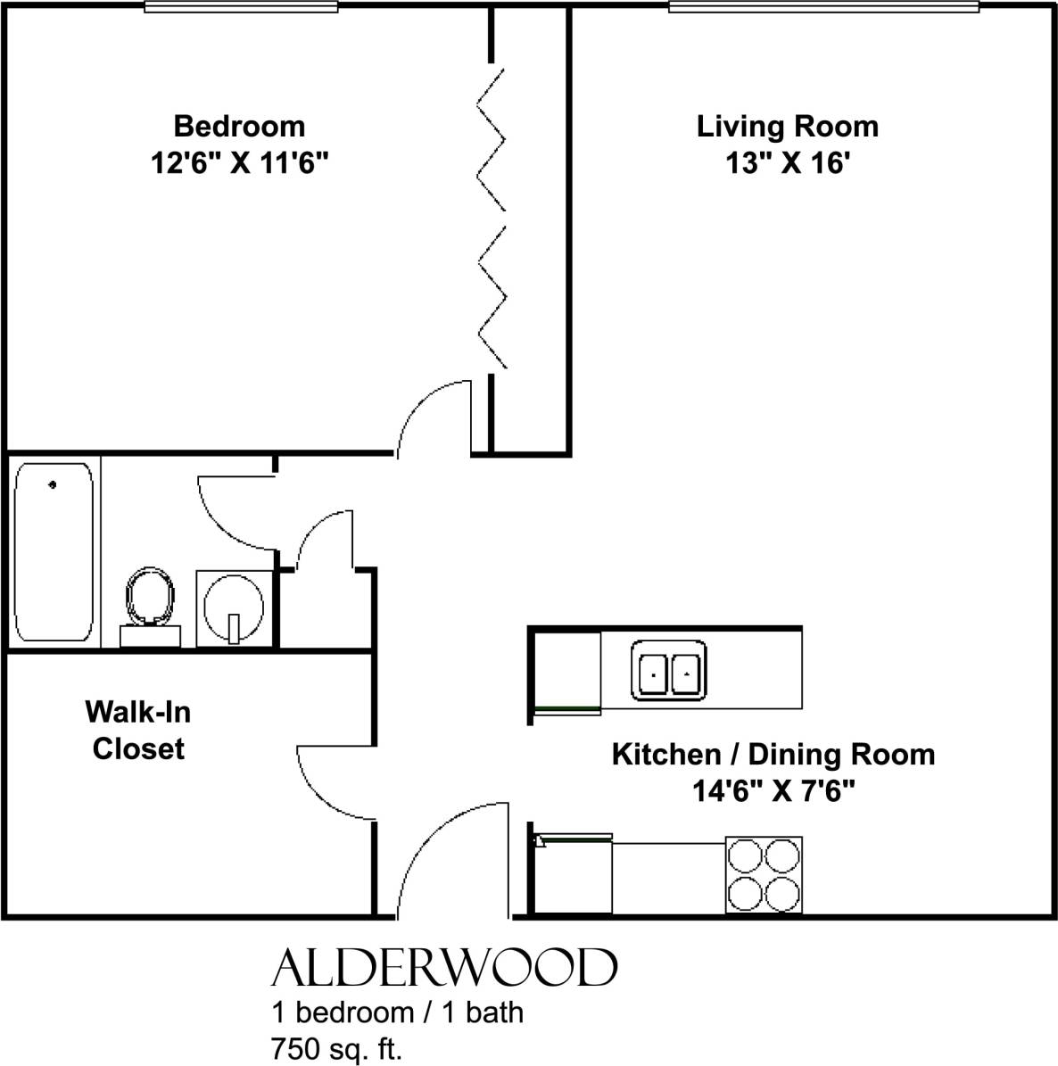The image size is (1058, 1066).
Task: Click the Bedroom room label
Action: (239, 126)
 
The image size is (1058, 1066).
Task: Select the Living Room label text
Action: (787, 126)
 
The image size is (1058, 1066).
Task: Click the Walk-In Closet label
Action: (138, 731)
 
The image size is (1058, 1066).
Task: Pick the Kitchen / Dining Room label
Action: (773, 754)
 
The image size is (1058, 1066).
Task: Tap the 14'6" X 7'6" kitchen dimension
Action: (773, 791)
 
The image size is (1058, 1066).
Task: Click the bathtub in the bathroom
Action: (54, 551)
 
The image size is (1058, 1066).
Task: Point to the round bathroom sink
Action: (234, 607)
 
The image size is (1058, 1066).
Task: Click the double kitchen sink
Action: (669, 668)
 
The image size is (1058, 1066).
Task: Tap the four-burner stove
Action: (764, 874)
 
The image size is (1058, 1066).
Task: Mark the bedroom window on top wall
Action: (241, 7)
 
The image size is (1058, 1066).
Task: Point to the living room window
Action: (823, 7)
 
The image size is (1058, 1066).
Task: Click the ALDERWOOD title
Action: (443, 968)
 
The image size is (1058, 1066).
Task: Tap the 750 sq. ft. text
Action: (337, 1049)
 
